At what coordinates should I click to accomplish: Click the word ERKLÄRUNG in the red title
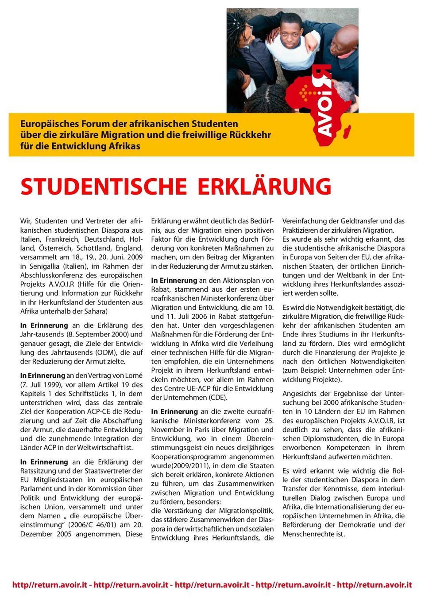[x=264, y=187]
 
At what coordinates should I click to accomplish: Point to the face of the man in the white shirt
[x=292, y=31]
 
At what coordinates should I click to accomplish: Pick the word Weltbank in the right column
[x=352, y=275]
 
